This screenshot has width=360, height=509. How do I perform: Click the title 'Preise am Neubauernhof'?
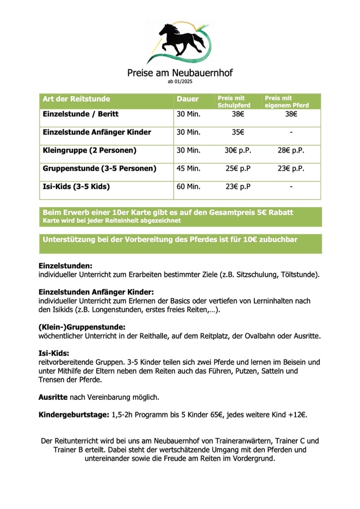[179, 73]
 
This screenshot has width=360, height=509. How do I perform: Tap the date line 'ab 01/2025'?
[179, 82]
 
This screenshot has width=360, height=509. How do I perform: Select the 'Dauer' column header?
[187, 99]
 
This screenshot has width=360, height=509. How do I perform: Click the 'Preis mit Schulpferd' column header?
[234, 101]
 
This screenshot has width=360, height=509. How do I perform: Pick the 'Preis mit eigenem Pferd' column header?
[287, 101]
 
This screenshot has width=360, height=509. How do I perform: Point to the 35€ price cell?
[238, 132]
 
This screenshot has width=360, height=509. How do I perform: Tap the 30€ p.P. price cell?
[238, 150]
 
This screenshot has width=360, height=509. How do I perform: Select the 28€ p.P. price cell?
[291, 150]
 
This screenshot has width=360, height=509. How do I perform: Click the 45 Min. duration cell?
[188, 168]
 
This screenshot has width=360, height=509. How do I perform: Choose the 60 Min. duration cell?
[188, 187]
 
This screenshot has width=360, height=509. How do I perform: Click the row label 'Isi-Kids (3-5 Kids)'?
[76, 187]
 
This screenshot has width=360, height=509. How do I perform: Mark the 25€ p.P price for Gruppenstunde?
[238, 168]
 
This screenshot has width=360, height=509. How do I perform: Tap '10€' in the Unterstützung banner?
[253, 240]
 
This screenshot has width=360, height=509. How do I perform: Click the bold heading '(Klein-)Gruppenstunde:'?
[82, 327]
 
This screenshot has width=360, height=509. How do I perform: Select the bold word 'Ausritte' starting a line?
[53, 397]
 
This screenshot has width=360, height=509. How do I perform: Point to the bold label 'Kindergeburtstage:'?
[74, 415]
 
